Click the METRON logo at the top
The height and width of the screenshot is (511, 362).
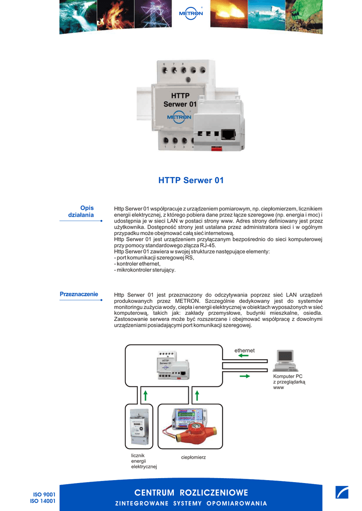tap(191, 13)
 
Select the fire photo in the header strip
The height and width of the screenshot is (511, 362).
tap(113, 16)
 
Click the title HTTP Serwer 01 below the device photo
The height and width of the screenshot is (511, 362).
tap(191, 180)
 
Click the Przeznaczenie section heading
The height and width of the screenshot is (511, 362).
tap(79, 294)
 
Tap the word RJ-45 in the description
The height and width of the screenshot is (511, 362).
tap(207, 245)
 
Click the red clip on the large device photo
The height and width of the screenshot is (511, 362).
tap(216, 148)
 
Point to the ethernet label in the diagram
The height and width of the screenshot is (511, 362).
tap(245, 350)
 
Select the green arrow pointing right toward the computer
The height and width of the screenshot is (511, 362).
tap(245, 376)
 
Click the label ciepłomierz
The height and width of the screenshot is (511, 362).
tap(193, 457)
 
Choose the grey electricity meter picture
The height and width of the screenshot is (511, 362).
tap(139, 428)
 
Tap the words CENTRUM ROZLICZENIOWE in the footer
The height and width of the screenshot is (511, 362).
tap(191, 493)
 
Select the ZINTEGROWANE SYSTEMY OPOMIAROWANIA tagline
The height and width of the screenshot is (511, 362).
tap(191, 503)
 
